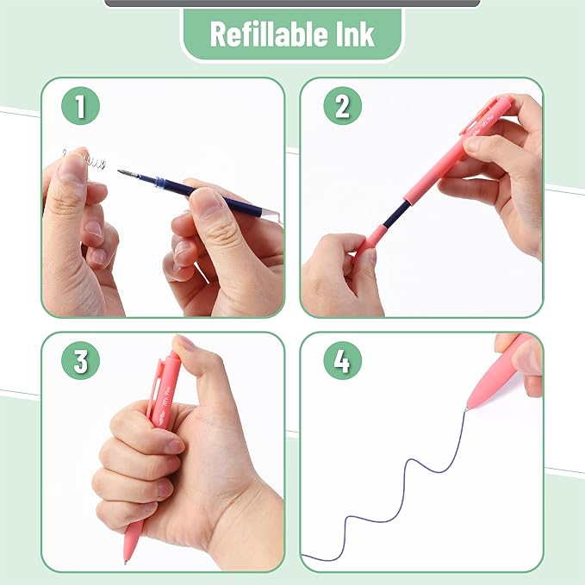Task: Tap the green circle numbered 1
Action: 81,107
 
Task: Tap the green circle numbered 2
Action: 342,107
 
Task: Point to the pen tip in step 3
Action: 128,558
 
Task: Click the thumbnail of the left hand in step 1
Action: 74,169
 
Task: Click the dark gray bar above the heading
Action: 292,3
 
